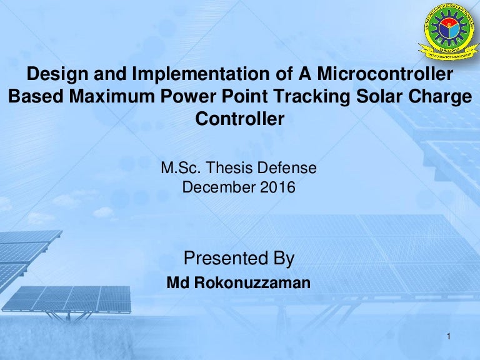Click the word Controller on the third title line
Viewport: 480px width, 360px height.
[x=240, y=119]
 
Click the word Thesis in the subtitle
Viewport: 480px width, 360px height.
[x=227, y=168]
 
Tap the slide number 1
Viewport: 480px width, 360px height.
[x=449, y=339]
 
